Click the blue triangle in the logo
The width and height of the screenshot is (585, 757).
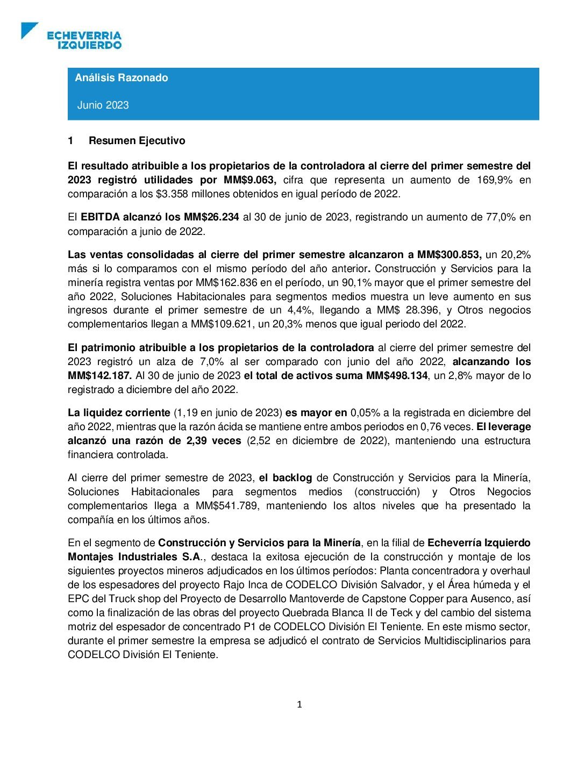click(28, 29)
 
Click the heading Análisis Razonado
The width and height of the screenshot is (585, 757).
click(122, 77)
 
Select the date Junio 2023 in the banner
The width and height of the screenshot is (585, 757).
click(103, 105)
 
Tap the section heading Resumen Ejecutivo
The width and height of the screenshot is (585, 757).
click(137, 140)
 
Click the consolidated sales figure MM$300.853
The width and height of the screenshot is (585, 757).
click(448, 254)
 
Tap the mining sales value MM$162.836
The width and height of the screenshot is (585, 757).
click(223, 282)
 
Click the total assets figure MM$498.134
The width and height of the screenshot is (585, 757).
click(397, 375)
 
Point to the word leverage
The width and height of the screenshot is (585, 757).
click(510, 426)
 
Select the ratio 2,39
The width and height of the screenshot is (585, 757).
click(197, 440)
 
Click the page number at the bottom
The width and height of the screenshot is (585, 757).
click(299, 704)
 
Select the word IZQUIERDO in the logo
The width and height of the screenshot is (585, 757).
click(90, 45)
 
